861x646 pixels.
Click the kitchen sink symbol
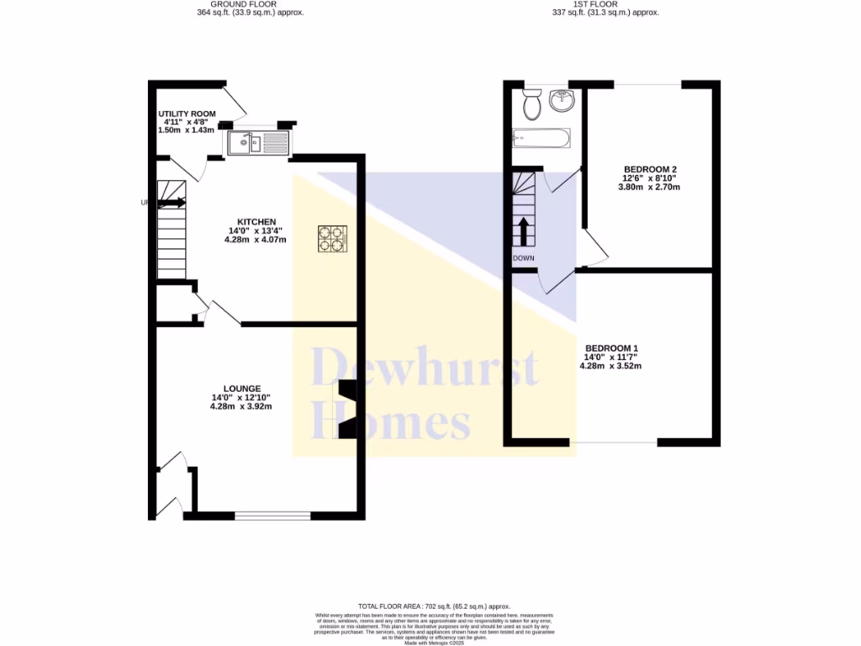pos(256,142)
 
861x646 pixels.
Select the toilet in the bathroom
pos(531,105)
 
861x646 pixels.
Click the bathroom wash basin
pos(561,101)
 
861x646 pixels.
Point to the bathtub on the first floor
pos(541,137)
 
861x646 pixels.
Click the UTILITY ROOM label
pos(187,114)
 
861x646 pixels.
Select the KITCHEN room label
pos(256,221)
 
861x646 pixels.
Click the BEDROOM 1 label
pos(612,348)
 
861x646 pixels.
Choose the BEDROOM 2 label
pos(650,169)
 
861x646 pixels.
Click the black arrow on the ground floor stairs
pos(172,202)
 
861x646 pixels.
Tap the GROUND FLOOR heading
pos(245,4)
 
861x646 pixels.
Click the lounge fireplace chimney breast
pos(346,410)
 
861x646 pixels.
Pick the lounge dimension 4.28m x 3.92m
pos(241,406)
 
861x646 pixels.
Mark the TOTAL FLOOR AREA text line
pos(434,606)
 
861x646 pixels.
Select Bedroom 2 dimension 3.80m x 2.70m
pos(650,187)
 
